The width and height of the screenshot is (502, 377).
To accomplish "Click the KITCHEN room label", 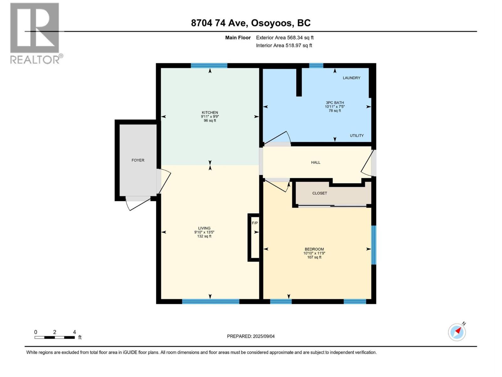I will click(210, 112).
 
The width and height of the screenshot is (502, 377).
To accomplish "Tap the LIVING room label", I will click(204, 228).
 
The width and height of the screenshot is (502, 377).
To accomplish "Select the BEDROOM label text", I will click(314, 249).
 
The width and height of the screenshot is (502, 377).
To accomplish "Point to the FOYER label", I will click(138, 160).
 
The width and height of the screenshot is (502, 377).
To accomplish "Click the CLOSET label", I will click(320, 193).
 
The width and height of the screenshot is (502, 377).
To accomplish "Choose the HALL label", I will click(316, 162).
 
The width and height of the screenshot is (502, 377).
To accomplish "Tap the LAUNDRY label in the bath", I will click(351, 78).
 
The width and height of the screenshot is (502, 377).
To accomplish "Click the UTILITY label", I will click(357, 136).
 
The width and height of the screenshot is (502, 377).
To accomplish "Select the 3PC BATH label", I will click(335, 103).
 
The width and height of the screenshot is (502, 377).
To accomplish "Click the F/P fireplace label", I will click(255, 223).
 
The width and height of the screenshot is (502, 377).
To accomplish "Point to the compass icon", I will click(457, 332).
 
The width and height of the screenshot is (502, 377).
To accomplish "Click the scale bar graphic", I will click(55, 337).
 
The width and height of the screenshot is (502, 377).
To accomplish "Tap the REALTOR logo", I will click(35, 33).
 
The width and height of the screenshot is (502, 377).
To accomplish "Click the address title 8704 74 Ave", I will click(251, 23).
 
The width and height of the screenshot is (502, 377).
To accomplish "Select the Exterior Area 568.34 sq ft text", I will click(285, 38).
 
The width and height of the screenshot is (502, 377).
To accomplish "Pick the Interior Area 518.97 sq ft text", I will click(284, 46).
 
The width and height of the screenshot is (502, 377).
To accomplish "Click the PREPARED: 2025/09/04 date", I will click(251, 336).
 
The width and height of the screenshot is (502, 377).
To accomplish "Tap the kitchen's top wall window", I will click(209, 66).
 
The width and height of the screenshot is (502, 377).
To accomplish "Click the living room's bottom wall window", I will click(211, 302).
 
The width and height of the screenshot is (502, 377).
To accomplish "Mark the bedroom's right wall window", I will click(373, 245).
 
